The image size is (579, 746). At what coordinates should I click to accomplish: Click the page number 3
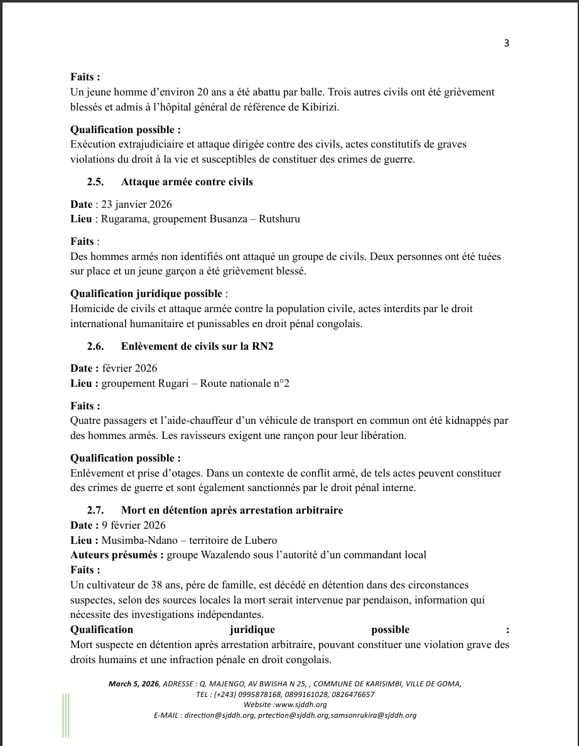tap(506, 43)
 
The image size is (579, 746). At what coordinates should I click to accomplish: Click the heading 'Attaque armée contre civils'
tap(187, 182)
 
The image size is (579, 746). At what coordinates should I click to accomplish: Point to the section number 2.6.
tap(95, 346)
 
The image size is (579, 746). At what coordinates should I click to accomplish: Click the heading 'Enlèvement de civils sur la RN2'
tap(197, 346)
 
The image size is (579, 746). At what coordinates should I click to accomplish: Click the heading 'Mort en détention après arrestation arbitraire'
tap(232, 510)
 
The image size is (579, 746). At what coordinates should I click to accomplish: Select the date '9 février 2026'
tap(134, 525)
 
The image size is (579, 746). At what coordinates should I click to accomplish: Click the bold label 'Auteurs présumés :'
tap(117, 554)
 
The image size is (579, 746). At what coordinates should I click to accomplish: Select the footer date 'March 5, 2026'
tap(133, 684)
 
